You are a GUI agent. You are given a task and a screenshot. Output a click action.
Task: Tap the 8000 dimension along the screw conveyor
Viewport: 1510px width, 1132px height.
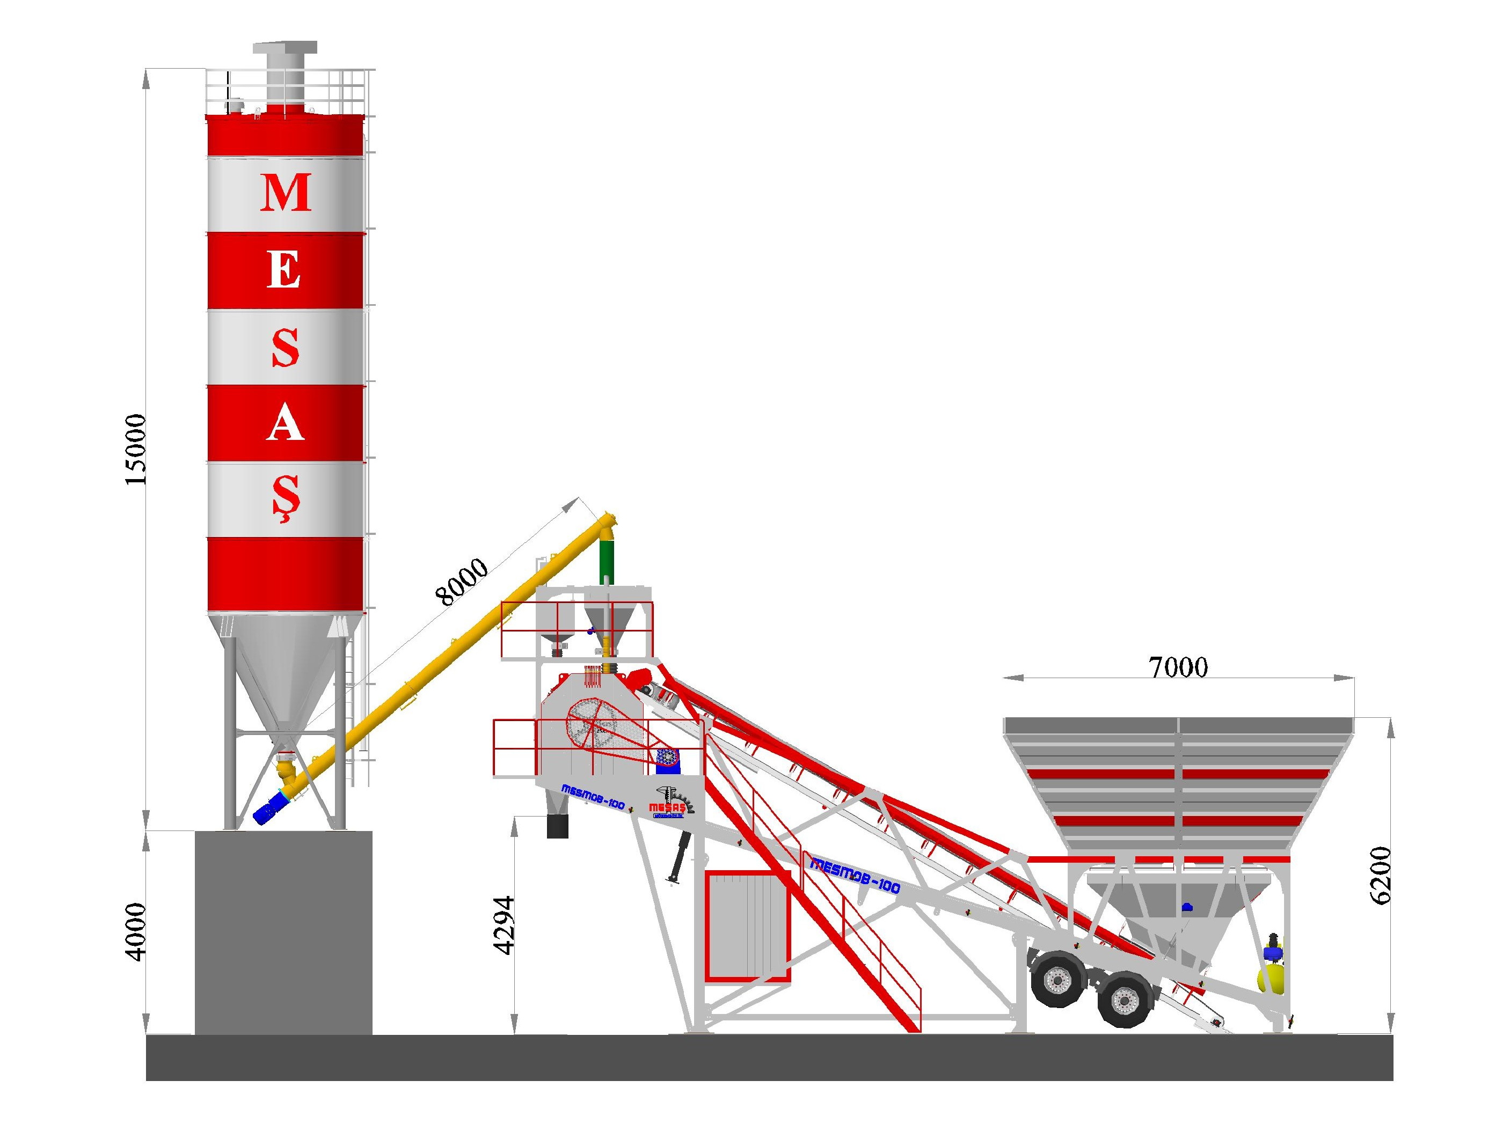[x=462, y=582]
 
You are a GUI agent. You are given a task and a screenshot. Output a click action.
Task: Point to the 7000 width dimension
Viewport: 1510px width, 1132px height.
[x=1178, y=667]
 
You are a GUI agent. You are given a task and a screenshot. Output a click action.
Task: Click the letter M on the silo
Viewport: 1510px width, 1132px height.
[x=286, y=193]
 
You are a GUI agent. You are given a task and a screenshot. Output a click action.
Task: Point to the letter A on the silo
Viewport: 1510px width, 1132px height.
[x=284, y=424]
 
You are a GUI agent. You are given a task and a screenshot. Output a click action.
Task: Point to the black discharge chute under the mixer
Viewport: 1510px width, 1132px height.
[x=557, y=826]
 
